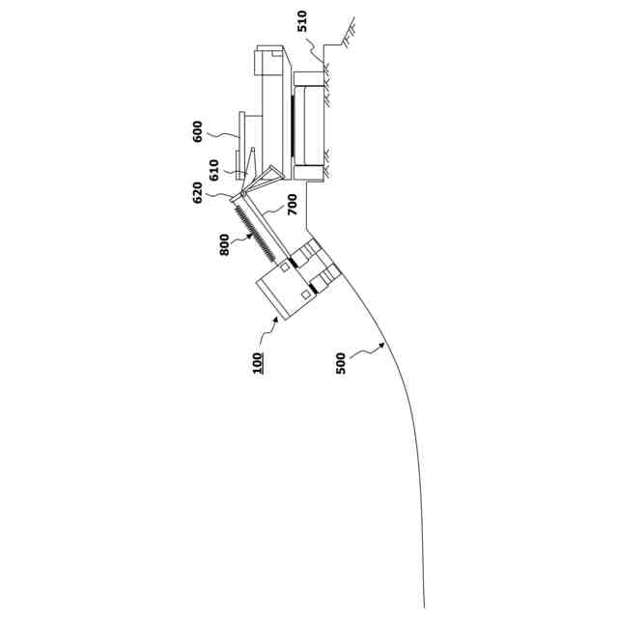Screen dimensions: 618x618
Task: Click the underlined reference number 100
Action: (258, 363)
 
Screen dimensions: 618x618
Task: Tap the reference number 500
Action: (342, 363)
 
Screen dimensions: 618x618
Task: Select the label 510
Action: (302, 22)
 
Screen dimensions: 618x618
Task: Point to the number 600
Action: (198, 130)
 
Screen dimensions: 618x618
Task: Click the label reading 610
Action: (213, 170)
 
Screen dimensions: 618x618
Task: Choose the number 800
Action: (224, 243)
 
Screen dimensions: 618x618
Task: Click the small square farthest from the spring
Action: (306, 294)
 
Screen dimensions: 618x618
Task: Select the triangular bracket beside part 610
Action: (272, 176)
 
